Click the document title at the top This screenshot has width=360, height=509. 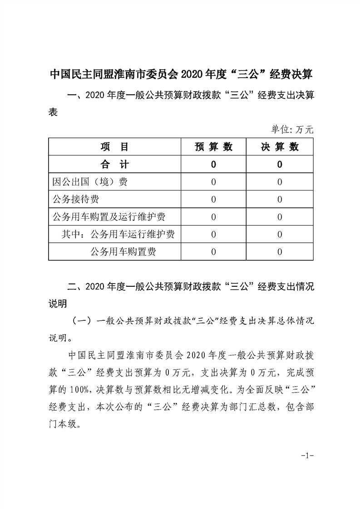180,74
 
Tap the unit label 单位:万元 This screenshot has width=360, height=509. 292,130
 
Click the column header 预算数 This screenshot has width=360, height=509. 213,147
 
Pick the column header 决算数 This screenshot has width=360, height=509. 280,147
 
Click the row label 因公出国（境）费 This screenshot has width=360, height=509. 90,182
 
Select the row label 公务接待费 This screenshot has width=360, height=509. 76,199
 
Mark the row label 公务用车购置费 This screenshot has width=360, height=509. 123,252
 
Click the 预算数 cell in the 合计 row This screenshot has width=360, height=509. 213,164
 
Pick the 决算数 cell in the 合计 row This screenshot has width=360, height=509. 280,164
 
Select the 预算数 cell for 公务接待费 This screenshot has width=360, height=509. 213,199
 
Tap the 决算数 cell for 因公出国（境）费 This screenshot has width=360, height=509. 280,182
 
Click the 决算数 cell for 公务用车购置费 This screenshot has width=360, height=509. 280,252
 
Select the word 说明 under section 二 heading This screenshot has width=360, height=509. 58,302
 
